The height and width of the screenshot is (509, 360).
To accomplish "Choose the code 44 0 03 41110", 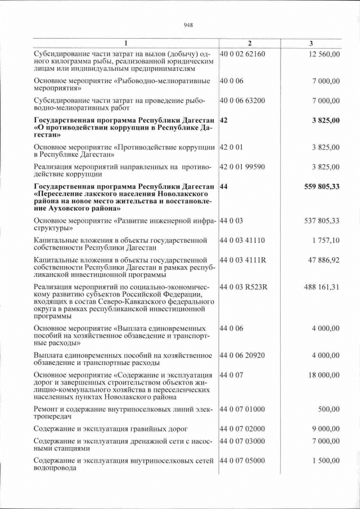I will tap(242, 241).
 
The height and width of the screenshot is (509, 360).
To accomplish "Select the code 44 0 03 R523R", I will tap(243, 287).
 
